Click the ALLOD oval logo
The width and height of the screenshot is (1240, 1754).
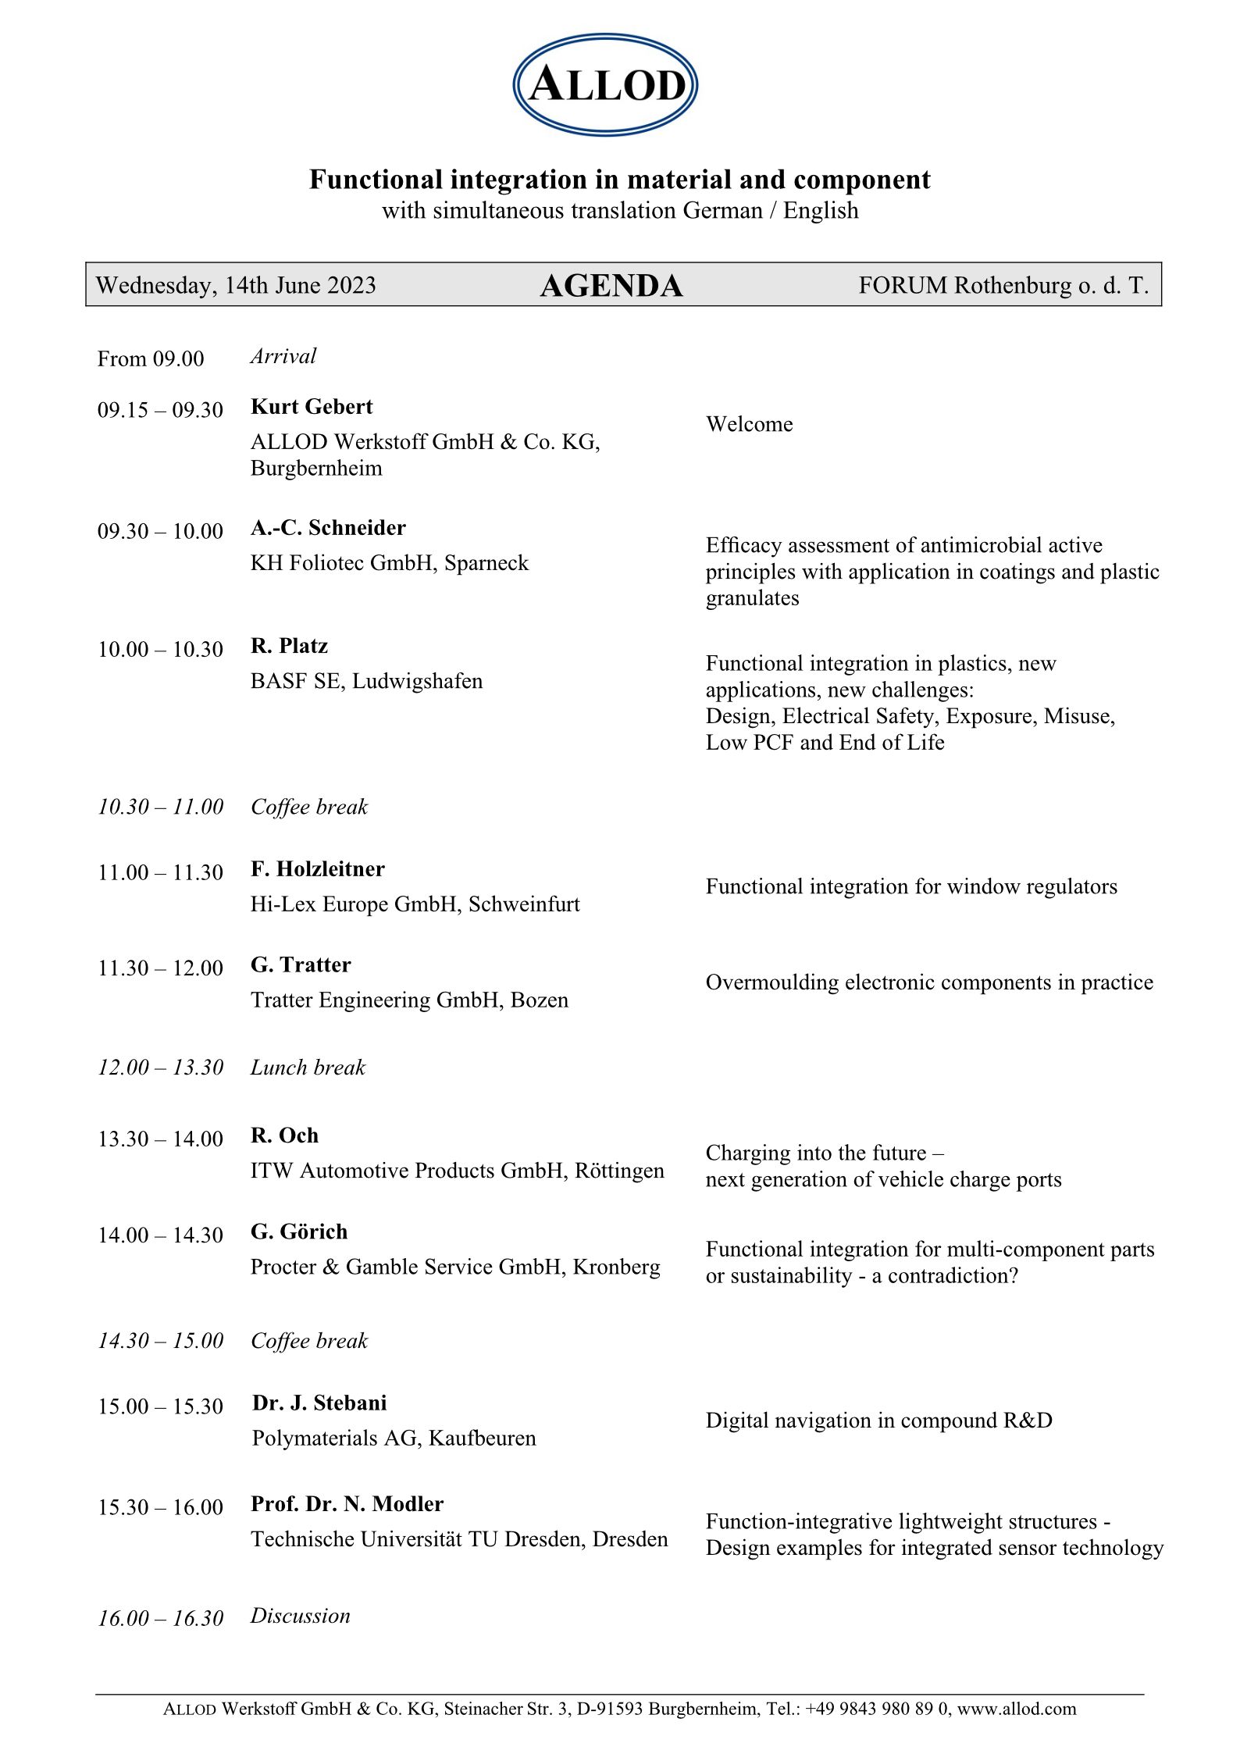coord(605,84)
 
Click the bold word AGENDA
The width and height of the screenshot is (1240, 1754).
coord(611,286)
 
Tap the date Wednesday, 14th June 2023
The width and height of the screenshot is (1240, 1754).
coord(236,285)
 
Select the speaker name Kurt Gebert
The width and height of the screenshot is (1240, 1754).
coord(312,407)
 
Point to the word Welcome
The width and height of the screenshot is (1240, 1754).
coord(749,424)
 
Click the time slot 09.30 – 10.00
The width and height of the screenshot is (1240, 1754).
coord(160,531)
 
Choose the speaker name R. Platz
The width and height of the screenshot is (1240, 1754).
coord(289,646)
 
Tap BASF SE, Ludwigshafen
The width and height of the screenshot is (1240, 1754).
coord(366,681)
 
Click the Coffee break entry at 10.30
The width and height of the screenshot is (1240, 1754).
coord(309,807)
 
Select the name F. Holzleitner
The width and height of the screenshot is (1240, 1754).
coord(318,869)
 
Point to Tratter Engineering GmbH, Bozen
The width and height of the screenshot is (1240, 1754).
coord(409,1000)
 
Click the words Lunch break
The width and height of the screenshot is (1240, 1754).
coord(308,1068)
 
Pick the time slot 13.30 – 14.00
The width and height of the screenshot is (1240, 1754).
coord(160,1139)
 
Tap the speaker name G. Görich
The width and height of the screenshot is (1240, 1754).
coord(299,1232)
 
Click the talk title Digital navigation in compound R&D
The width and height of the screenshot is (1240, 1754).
coord(878,1420)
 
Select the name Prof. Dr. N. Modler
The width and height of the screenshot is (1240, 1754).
coord(347,1503)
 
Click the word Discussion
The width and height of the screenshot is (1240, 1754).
coord(300,1616)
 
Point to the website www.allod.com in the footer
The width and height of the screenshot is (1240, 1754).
coord(1016,1709)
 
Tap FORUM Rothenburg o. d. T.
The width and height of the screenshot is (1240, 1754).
coord(1003,285)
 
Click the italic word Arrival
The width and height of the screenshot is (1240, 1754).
coord(283,356)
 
